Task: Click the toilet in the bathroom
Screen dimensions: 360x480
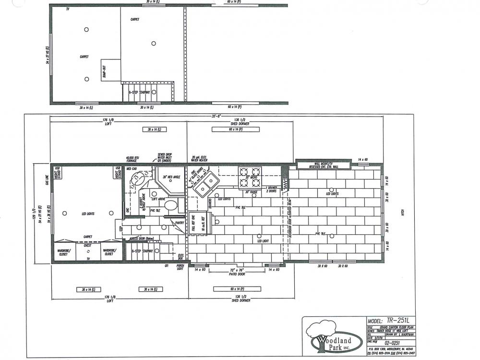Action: click(x=170, y=207)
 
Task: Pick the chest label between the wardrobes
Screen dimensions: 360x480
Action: click(x=87, y=245)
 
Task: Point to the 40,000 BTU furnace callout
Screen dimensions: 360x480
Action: click(x=132, y=159)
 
